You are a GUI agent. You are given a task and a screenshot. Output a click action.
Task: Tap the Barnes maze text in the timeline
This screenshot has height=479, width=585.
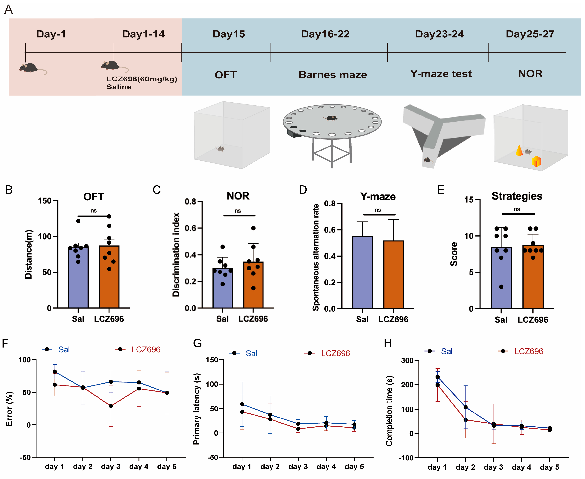(x=333, y=75)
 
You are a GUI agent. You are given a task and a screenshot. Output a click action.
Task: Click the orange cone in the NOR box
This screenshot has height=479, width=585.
(x=519, y=150)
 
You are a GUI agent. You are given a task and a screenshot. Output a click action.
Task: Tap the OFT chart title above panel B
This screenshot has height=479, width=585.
(x=94, y=197)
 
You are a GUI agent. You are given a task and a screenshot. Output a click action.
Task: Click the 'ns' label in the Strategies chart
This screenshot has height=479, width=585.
(x=517, y=209)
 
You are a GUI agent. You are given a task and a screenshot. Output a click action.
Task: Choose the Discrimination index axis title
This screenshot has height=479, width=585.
(x=176, y=254)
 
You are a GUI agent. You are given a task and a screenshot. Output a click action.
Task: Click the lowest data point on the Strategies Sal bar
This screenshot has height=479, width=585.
(x=501, y=287)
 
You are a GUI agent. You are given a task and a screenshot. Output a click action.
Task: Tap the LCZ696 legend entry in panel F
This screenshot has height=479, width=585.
(x=146, y=350)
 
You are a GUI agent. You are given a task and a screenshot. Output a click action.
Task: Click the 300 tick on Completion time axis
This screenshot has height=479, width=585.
(x=407, y=360)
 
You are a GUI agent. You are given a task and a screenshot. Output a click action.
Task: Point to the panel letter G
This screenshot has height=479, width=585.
(x=197, y=343)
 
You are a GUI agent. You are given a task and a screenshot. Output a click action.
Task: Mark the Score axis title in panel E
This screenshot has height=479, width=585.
(x=454, y=254)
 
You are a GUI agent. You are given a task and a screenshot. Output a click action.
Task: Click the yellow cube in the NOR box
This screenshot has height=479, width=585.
(x=536, y=161)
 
